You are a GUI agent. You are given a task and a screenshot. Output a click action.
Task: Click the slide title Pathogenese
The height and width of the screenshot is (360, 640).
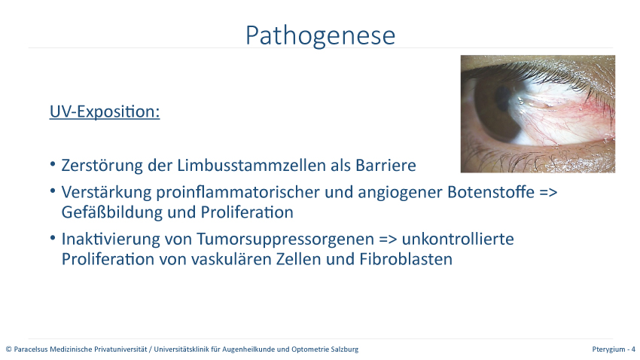click(x=321, y=35)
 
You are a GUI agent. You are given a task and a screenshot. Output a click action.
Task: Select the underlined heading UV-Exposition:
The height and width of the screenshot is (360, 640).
click(x=105, y=111)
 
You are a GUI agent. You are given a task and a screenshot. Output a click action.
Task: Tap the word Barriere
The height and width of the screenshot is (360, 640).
click(x=386, y=165)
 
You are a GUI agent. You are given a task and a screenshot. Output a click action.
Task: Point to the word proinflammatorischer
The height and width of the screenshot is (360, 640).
click(x=238, y=192)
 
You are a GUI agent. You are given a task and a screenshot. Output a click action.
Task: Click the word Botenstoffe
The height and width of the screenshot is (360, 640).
click(x=491, y=192)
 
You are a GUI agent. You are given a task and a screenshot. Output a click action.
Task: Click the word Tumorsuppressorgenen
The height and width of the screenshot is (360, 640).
click(x=285, y=239)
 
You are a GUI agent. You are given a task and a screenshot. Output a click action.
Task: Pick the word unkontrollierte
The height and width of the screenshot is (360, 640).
click(x=458, y=239)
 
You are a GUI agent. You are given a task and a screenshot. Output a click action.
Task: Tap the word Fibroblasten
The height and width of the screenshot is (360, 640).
click(x=406, y=259)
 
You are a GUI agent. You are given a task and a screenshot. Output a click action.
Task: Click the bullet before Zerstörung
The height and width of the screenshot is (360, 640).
click(x=53, y=164)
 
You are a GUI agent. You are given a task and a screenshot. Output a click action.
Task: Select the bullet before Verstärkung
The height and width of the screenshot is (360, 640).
click(x=53, y=191)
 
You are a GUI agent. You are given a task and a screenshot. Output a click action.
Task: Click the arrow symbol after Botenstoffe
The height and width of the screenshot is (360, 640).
click(x=548, y=192)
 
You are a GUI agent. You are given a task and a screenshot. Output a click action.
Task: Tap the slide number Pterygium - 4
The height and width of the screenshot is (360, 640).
click(x=614, y=349)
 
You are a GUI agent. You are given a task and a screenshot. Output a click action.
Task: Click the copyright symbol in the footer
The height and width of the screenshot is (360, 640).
click(x=8, y=349)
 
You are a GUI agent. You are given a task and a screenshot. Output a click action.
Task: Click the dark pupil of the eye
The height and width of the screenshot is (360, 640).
click(x=502, y=99)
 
